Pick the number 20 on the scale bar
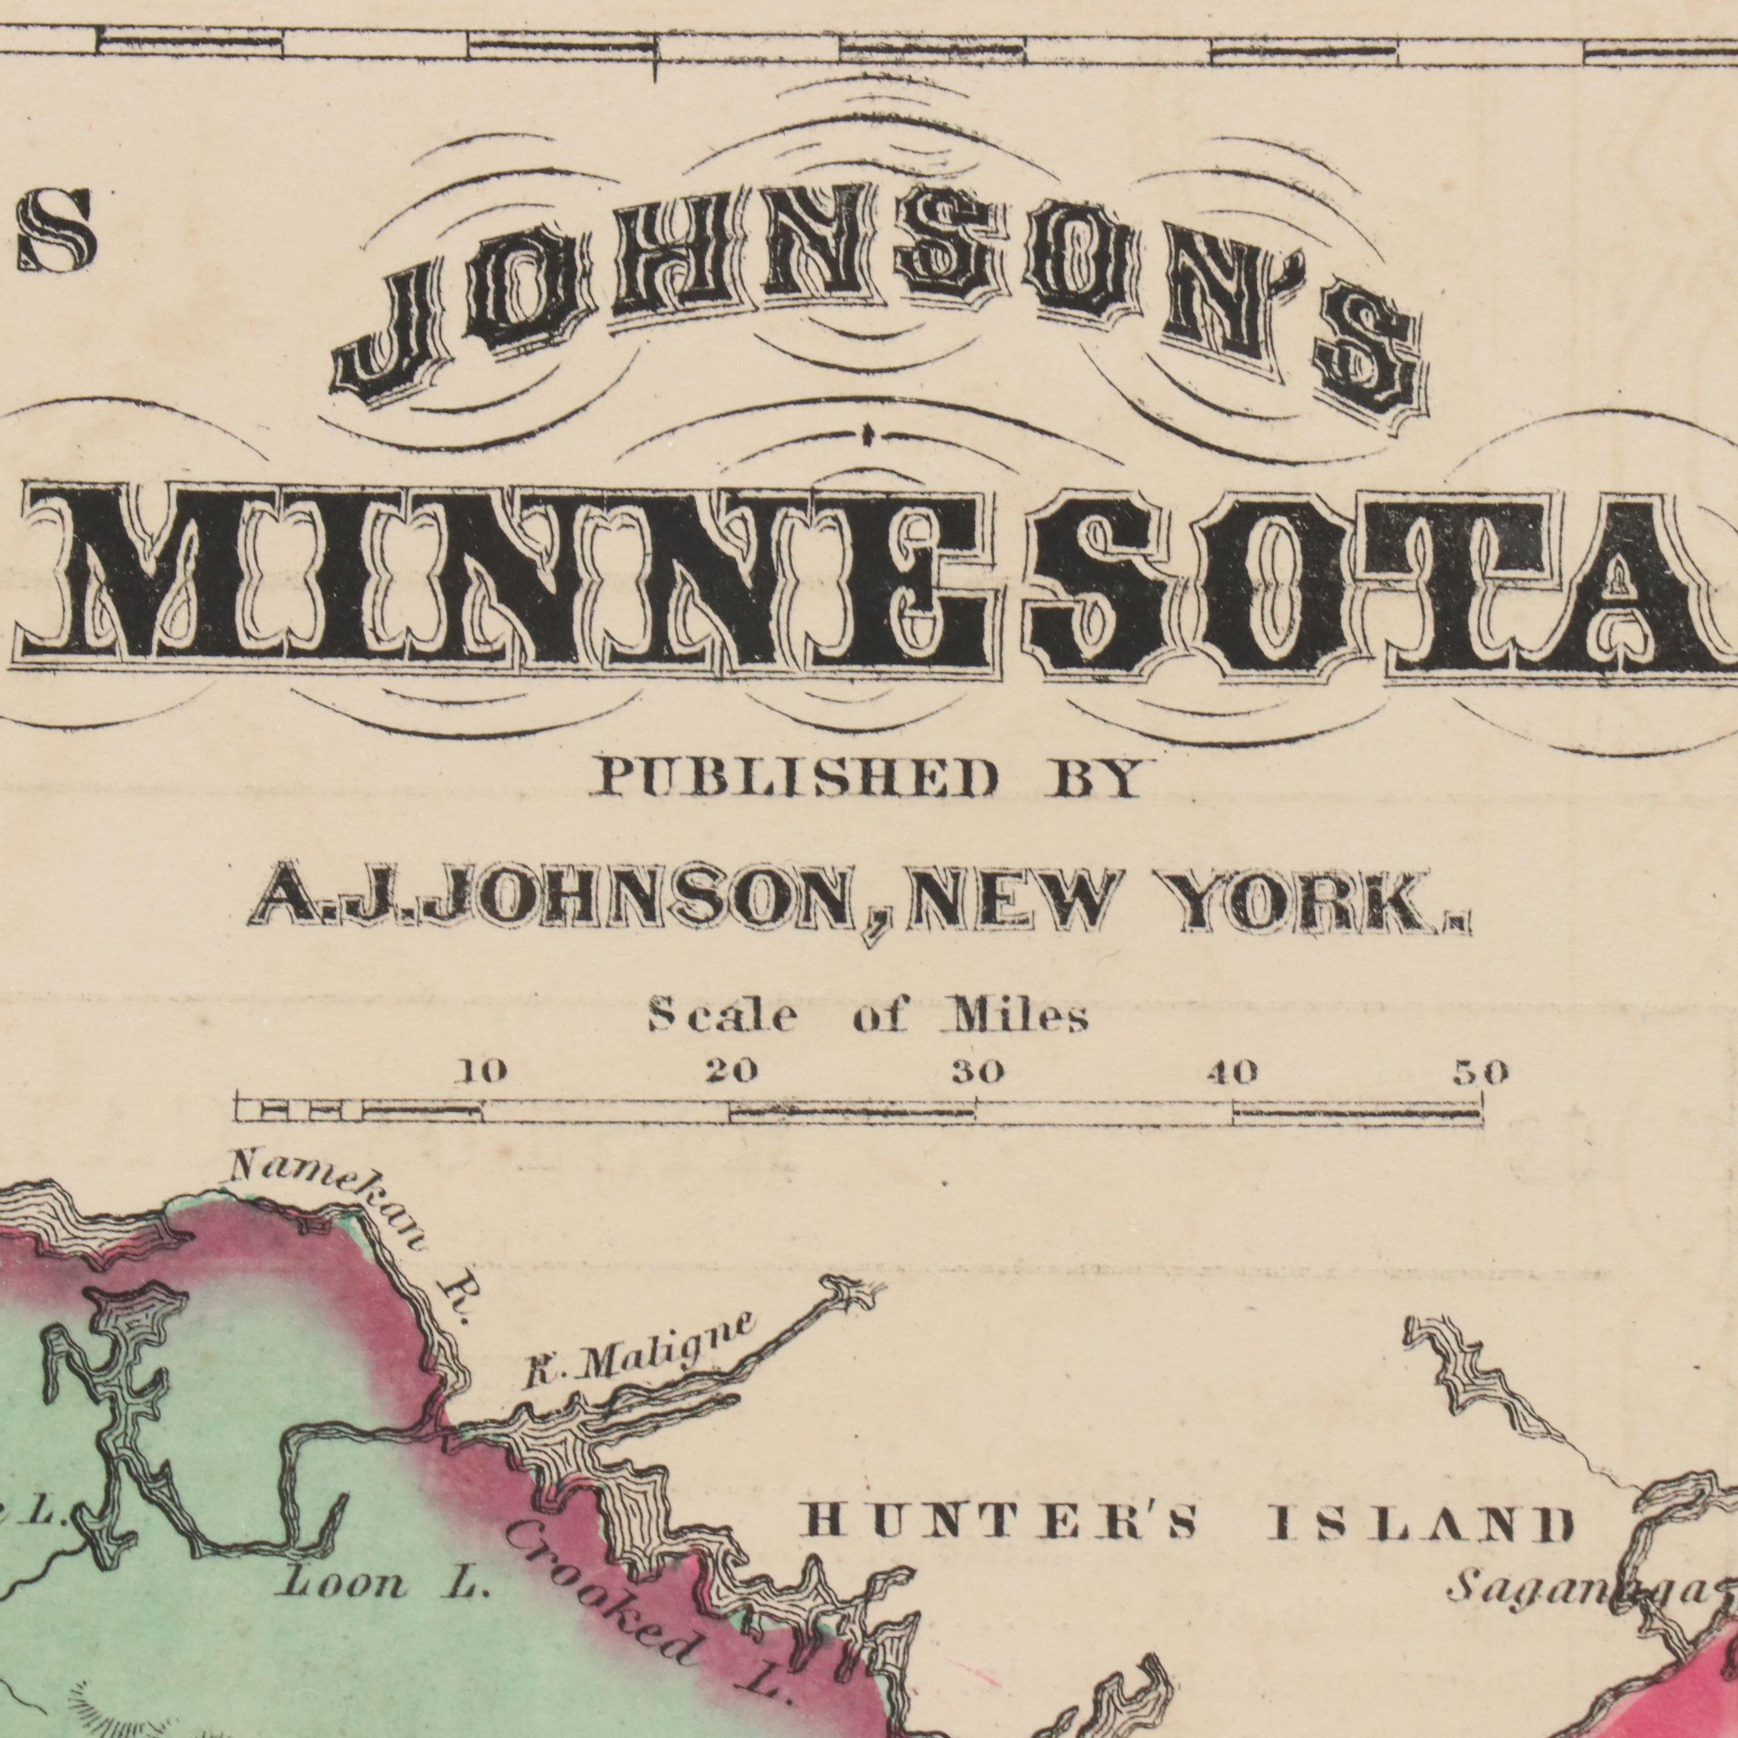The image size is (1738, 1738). point(730,1073)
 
